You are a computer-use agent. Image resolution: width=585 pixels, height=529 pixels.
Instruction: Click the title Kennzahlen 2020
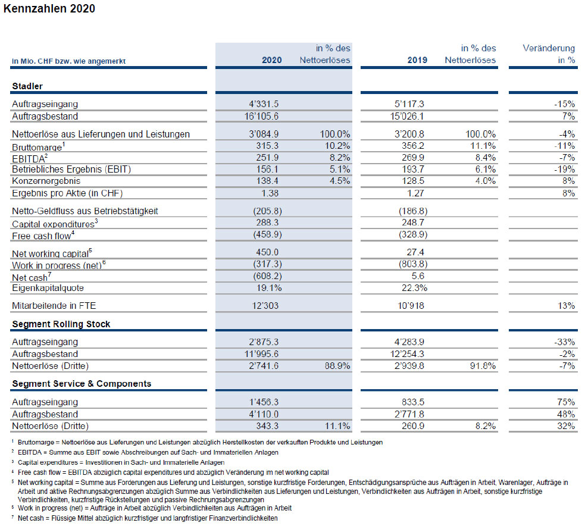pyautogui.click(x=49, y=8)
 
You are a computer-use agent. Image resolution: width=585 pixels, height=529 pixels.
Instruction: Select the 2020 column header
pyautogui.click(x=271, y=60)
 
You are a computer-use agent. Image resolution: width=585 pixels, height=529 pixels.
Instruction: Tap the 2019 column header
pyautogui.click(x=417, y=60)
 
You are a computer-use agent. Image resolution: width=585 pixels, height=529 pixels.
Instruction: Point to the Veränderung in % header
pyautogui.click(x=549, y=54)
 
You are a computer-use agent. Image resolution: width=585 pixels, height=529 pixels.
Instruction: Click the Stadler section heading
pyautogui.click(x=27, y=86)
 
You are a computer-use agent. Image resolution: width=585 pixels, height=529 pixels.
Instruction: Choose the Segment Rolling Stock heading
pyautogui.click(x=61, y=324)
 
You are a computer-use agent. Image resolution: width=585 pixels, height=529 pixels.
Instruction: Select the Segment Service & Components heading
pyautogui.click(x=82, y=384)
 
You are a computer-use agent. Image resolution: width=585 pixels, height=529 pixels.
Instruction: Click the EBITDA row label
pyautogui.click(x=30, y=158)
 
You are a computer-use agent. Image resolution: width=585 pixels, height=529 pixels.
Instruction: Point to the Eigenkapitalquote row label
pyautogui.click(x=48, y=288)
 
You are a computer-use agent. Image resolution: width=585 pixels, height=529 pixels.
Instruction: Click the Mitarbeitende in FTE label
pyautogui.click(x=54, y=306)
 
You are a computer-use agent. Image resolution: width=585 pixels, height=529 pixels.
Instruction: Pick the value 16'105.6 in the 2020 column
pyautogui.click(x=261, y=117)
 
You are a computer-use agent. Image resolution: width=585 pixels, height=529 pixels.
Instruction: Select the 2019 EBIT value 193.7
pyautogui.click(x=413, y=170)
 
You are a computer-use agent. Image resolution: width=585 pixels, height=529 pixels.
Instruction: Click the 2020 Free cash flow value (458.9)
pyautogui.click(x=267, y=234)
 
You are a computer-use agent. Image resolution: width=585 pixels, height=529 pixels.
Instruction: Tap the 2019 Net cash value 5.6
pyautogui.click(x=418, y=276)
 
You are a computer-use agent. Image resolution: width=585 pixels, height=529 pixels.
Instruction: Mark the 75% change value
pyautogui.click(x=566, y=402)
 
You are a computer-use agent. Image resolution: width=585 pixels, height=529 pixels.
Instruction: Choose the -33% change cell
pyautogui.click(x=565, y=342)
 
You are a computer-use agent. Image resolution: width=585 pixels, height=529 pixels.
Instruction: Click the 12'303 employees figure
pyautogui.click(x=265, y=306)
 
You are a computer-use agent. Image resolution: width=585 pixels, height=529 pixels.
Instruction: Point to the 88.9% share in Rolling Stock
pyautogui.click(x=337, y=366)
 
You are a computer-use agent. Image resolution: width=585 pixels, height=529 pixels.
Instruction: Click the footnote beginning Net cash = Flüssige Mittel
pyautogui.click(x=148, y=518)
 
